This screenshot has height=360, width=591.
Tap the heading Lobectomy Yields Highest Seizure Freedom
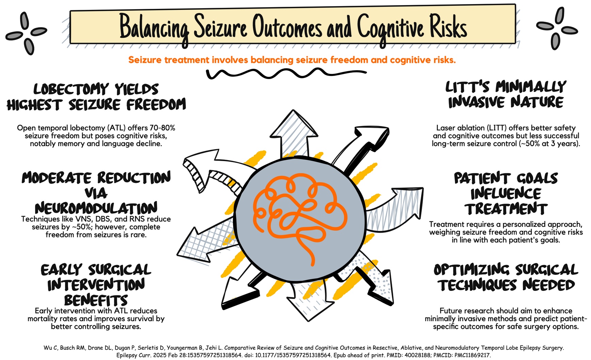96,97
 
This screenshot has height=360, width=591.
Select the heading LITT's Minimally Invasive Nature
506,95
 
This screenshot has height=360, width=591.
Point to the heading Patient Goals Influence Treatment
506,193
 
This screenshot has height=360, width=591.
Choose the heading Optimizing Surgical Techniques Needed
506,278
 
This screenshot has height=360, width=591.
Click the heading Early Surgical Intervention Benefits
96,285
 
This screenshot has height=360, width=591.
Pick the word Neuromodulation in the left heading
96,208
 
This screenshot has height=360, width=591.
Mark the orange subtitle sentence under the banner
292,60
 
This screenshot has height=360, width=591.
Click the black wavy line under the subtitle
286,73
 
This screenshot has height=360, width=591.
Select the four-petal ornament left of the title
26,33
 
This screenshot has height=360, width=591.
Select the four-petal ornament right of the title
557,29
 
